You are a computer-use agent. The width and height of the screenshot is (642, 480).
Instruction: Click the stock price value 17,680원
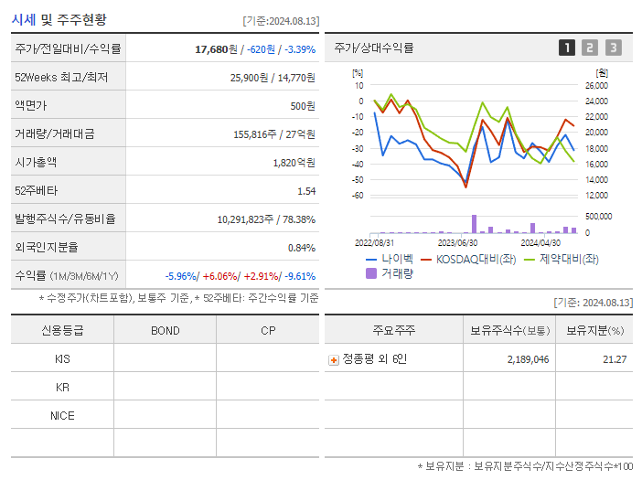[218, 49]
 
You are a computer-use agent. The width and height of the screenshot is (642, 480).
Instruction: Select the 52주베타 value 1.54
[305, 191]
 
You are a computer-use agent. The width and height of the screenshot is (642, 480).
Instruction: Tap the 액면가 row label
[31, 106]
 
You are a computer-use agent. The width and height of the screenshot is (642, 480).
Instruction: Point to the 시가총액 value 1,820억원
[294, 163]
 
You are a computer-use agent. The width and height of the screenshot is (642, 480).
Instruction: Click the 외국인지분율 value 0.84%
[301, 248]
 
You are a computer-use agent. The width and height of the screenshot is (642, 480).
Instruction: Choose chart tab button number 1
[567, 48]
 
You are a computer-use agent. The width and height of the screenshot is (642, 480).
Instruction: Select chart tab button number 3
[613, 48]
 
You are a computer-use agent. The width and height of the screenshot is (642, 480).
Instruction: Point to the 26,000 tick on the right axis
[596, 86]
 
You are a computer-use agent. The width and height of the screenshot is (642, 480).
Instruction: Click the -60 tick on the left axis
[357, 196]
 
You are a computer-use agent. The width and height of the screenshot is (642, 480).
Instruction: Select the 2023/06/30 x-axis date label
[458, 243]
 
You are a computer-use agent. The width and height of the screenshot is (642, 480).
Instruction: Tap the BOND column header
[165, 331]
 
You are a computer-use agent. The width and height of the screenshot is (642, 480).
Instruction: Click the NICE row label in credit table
[62, 415]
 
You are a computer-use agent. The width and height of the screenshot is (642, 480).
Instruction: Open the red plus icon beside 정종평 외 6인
[334, 360]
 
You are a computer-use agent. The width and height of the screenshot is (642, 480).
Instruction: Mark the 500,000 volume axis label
[599, 217]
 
